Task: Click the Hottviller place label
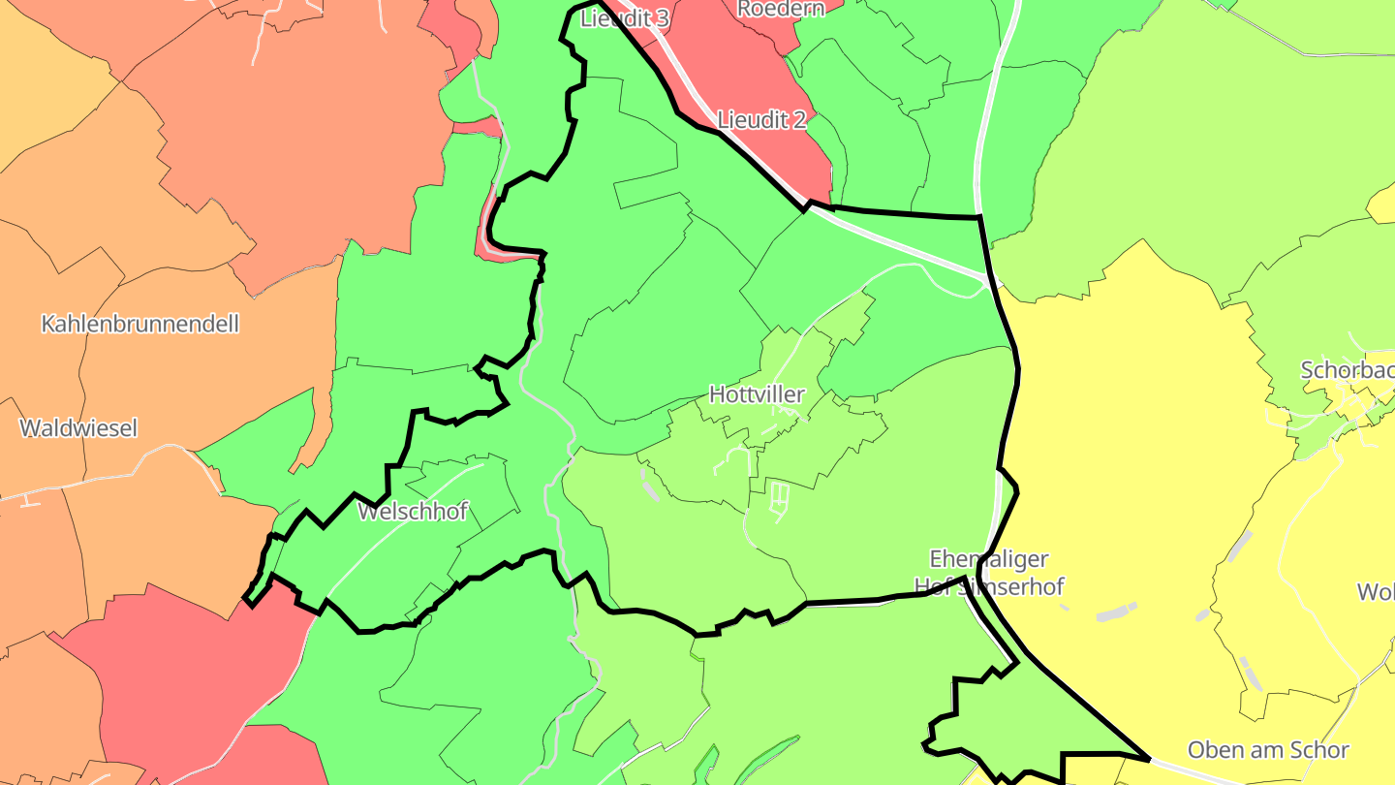point(757,394)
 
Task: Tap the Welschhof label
point(413,511)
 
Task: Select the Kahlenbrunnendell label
point(139,324)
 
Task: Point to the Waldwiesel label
point(78,427)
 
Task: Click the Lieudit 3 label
point(625,17)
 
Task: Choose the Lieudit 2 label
point(761,120)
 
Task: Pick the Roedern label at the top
point(781,9)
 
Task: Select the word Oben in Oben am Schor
point(1216,749)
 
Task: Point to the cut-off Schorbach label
point(1348,370)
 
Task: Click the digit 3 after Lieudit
point(664,17)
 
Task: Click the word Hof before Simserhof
point(933,586)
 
